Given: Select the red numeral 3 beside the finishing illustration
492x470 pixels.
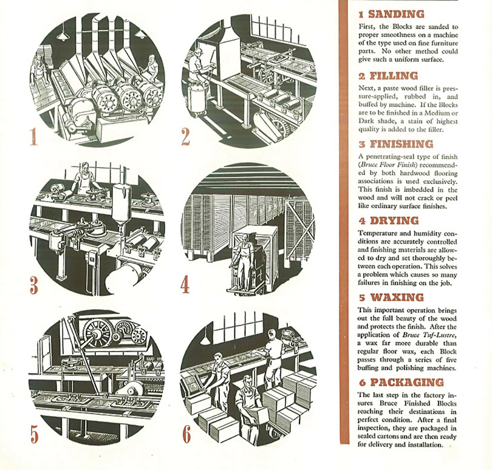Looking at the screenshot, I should [x=34, y=284].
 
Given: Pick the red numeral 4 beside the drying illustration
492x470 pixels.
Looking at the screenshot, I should [x=186, y=284].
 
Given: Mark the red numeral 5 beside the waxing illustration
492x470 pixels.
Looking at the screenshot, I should [x=34, y=434].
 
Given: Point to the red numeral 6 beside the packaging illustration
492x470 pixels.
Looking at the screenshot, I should [x=186, y=434].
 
